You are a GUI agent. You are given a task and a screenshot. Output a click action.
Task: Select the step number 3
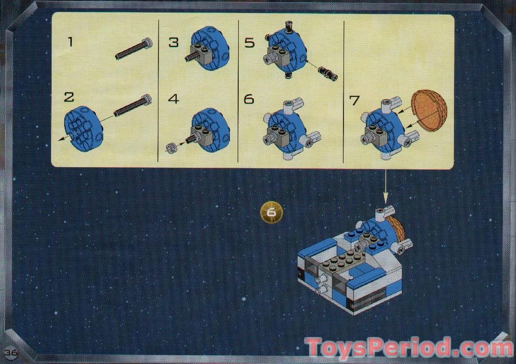coord(173,42)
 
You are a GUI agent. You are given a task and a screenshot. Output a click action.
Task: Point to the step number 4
coord(173,98)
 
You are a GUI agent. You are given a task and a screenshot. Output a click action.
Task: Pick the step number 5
coord(250,42)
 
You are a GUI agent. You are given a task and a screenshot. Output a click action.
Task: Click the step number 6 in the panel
coord(249,98)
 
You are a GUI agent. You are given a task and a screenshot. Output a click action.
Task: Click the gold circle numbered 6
coord(271,212)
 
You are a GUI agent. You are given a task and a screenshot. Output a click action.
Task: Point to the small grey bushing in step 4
coord(171,148)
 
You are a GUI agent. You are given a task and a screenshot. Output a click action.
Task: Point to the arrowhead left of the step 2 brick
coord(58,138)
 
